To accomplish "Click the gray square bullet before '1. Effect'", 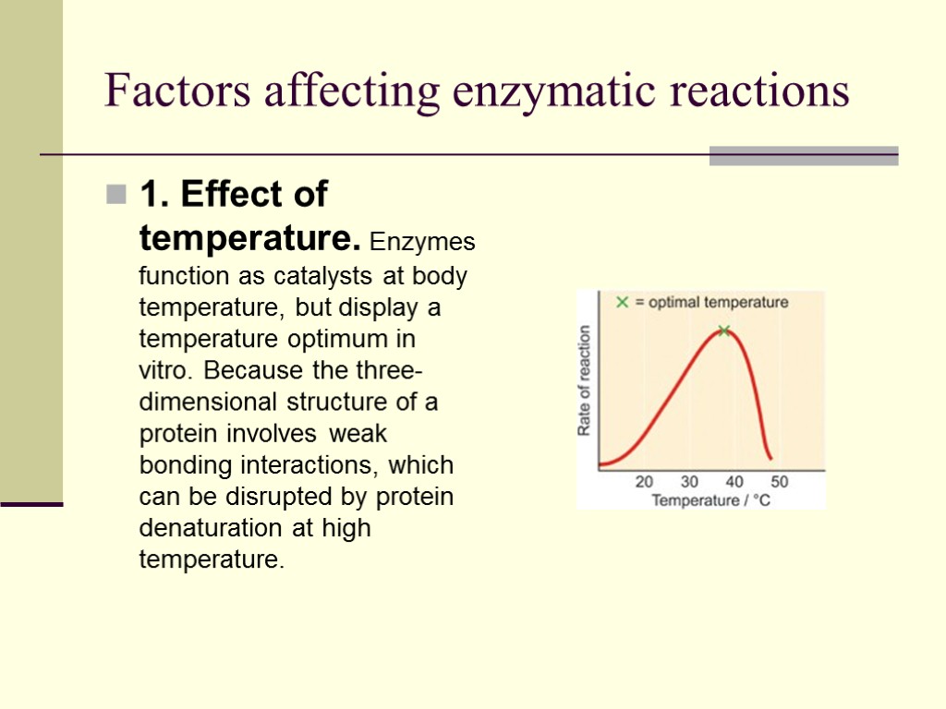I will pos(116,195).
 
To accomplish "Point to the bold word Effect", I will pos(230,195).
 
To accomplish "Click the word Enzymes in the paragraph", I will pos(422,244).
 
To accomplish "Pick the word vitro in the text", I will pos(165,370).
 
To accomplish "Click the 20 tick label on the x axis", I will pos(644,482).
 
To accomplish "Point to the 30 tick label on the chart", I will pos(689,482).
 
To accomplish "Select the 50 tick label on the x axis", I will pos(780,482).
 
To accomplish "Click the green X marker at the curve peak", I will pos(724,330).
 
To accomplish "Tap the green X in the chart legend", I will pos(623,302).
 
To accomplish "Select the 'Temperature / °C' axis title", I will pos(710,500).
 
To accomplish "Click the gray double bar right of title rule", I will pos(804,156).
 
